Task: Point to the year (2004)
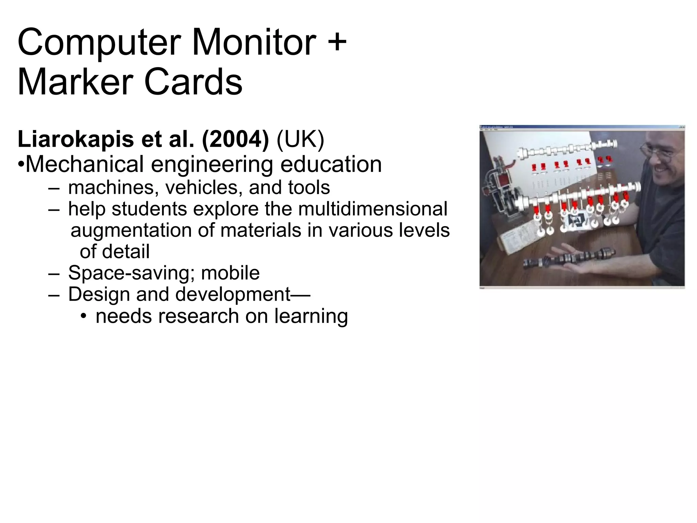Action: (x=235, y=140)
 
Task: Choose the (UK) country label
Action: (x=301, y=140)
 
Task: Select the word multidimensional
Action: (x=373, y=209)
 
